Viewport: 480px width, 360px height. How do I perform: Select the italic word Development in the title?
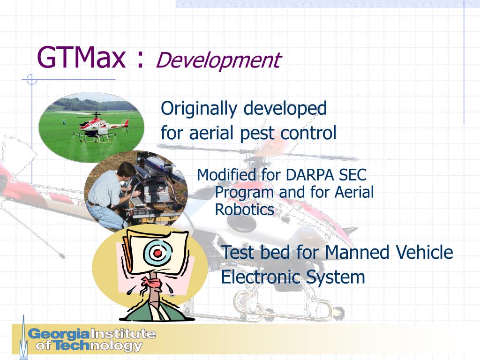(x=218, y=60)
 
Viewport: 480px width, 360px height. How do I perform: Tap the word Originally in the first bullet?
(x=199, y=109)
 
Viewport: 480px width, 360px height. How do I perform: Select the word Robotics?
(x=244, y=210)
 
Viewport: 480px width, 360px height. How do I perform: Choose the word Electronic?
(x=261, y=277)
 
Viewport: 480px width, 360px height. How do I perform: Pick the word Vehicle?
(x=424, y=253)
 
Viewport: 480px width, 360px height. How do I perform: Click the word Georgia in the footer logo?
(x=58, y=334)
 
